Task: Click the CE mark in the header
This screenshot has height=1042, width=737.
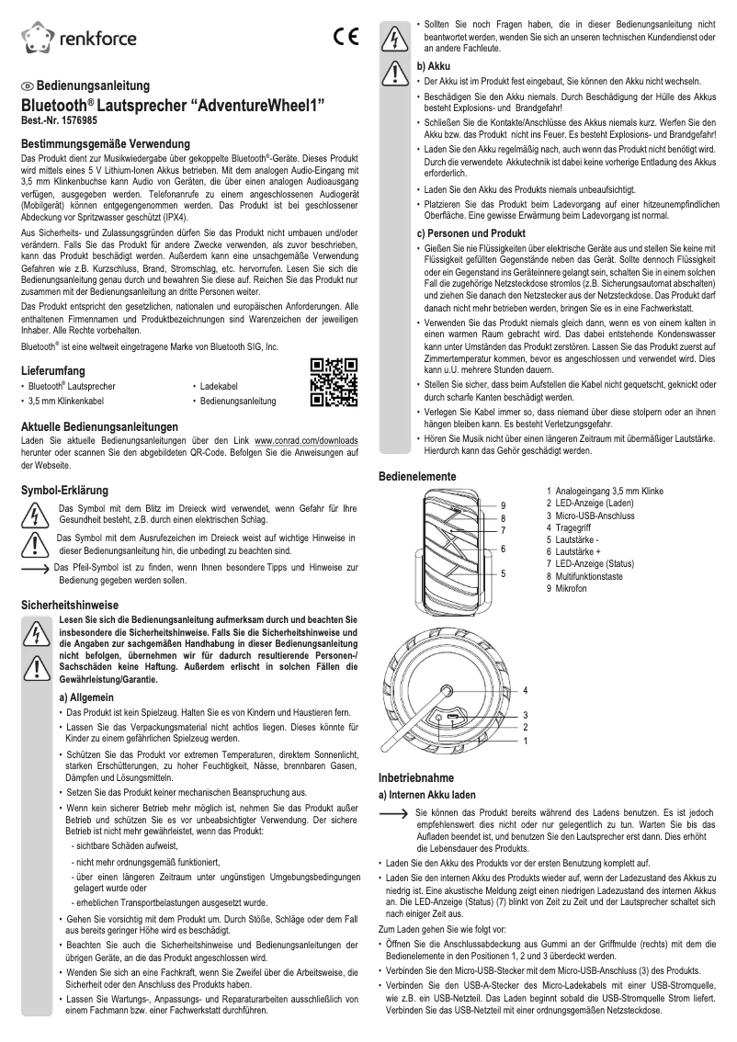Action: pos(346,38)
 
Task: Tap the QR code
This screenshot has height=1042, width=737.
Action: pos(333,385)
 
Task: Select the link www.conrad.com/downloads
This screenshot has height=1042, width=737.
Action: pos(306,441)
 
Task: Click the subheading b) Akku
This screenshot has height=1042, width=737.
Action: pos(432,67)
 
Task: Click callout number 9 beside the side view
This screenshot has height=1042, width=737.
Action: pos(503,505)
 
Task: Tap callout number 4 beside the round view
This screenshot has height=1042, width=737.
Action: pos(525,689)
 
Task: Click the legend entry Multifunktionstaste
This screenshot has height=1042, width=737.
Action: pos(597,576)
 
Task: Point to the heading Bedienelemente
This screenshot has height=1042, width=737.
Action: pos(418,476)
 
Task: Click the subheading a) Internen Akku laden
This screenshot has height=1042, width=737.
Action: pos(427,793)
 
